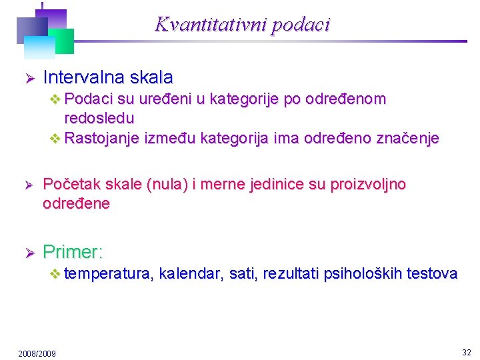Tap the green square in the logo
click(61, 39)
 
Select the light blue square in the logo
click(39, 47)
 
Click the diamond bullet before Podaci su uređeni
click(55, 99)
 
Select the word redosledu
click(99, 119)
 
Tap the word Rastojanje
click(99, 138)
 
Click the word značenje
click(407, 138)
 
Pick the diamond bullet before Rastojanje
click(55, 139)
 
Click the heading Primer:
click(73, 252)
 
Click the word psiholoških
click(363, 273)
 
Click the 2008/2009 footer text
click(37, 353)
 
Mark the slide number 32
click(466, 351)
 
